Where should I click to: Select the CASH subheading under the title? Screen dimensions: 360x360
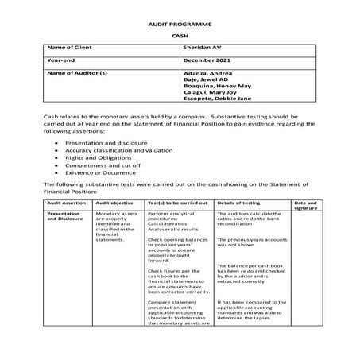[180, 37]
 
